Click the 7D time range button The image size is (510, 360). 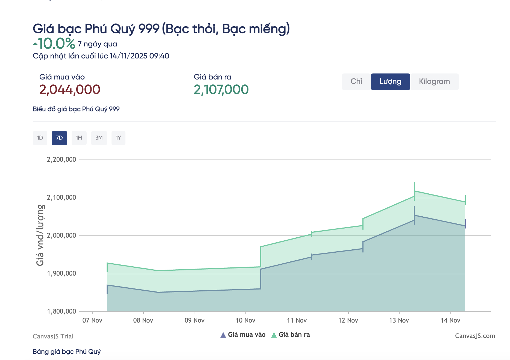pos(59,138)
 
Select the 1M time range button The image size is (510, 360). pos(79,138)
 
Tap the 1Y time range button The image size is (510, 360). pos(118,138)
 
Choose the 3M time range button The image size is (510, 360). pos(99,138)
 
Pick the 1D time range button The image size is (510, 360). pos(40,138)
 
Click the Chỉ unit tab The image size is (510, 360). pos(356,81)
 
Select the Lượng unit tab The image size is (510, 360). pos(390,81)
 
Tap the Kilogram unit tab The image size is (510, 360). pos(434,81)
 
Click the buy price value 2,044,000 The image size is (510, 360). pos(70,90)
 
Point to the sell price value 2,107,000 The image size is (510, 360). pos(221,90)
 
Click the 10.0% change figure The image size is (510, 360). pos(56,43)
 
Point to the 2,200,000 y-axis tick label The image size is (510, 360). pos(61,160)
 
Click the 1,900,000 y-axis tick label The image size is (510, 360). pos(61,273)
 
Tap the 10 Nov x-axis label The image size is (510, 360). pos(245,320)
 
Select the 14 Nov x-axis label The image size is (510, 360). pos(450,320)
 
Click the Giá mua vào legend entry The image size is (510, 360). pos(243,335)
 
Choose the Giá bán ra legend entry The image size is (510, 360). pos(291,335)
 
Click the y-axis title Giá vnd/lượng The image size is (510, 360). pos(40,235)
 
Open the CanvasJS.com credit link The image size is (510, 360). pos(475,336)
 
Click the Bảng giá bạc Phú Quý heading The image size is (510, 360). pos(67,352)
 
